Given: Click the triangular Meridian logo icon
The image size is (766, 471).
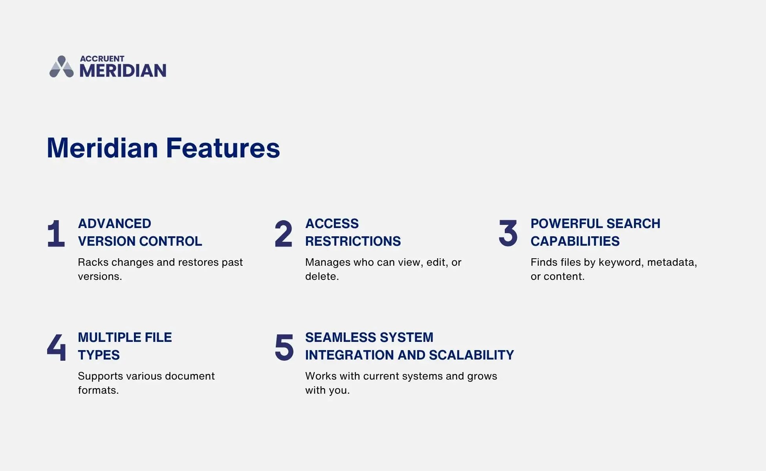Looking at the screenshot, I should [x=61, y=67].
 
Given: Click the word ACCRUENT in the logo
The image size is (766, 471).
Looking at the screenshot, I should [x=102, y=58].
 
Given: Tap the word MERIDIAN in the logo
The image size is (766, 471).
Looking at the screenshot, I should [x=123, y=71].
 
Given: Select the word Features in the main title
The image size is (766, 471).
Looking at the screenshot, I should [x=223, y=148].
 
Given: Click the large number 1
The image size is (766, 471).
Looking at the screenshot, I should [x=56, y=234].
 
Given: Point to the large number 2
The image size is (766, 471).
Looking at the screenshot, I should [x=283, y=234].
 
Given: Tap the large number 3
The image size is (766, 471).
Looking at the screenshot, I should [x=508, y=233].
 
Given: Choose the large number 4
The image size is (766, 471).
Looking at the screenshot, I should [x=56, y=347].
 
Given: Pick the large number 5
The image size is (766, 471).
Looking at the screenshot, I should [x=284, y=347].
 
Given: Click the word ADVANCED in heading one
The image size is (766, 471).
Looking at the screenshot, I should [x=114, y=224].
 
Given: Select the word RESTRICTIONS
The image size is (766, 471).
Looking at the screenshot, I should [x=353, y=241].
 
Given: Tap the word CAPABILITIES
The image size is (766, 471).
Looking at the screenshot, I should [x=575, y=241].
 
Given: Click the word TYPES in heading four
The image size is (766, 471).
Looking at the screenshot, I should [x=99, y=355].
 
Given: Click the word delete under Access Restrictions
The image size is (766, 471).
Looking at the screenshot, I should [x=321, y=276].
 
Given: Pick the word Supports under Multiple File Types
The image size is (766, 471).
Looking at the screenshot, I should [x=101, y=376].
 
